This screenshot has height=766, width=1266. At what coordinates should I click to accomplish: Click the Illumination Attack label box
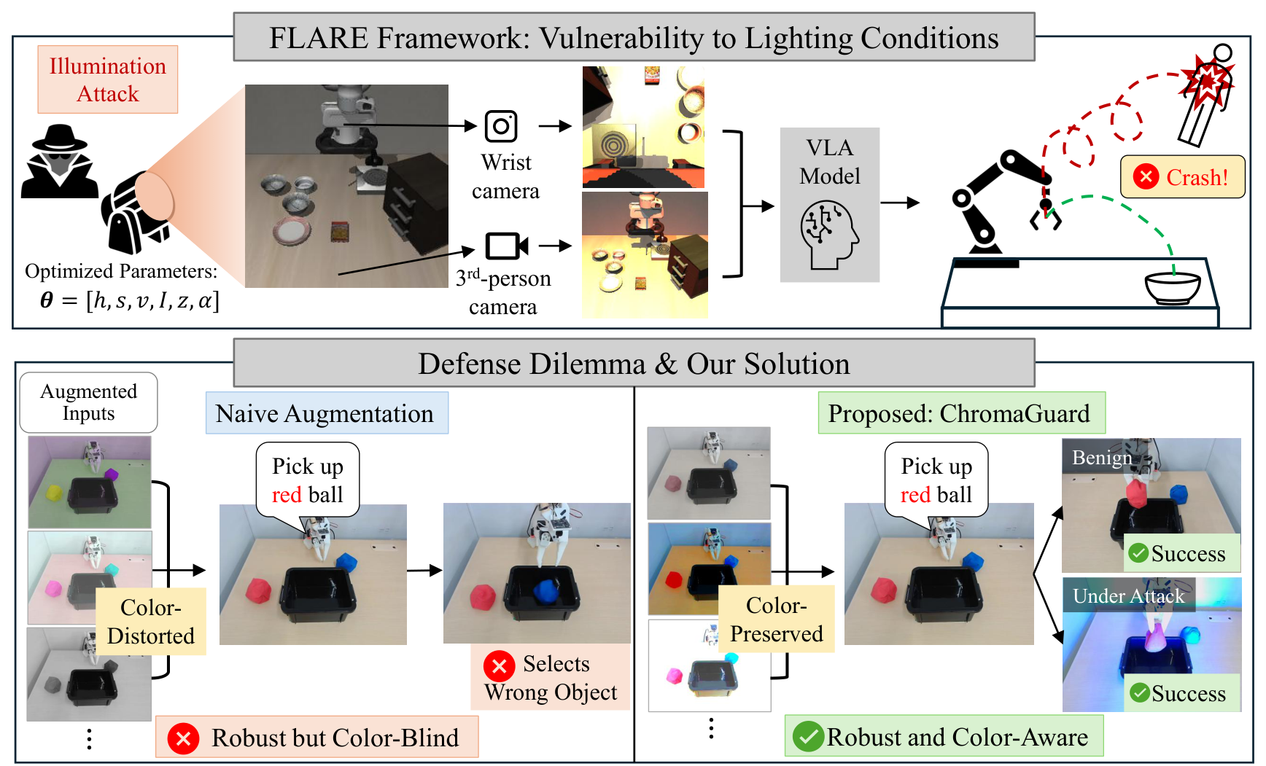(108, 79)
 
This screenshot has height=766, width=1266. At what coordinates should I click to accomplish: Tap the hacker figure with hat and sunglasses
(60, 161)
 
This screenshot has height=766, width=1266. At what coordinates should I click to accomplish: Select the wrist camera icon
(501, 126)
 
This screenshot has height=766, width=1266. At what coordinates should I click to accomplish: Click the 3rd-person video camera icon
(507, 246)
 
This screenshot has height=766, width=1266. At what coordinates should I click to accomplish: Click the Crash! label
(1182, 177)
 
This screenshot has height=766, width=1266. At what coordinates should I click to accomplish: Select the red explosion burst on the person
(1207, 78)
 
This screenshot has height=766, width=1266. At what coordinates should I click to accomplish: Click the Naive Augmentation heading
(327, 413)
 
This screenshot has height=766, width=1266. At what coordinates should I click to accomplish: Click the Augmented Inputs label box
(88, 402)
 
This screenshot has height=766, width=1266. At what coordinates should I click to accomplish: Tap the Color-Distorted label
(151, 622)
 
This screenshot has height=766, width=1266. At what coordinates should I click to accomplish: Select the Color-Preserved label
(777, 619)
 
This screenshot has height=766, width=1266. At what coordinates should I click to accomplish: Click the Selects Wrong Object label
(551, 677)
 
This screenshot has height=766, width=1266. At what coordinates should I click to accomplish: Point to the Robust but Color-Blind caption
(317, 738)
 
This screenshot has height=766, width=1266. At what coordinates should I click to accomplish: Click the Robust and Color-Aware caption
(944, 736)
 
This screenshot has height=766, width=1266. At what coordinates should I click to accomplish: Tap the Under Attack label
(1129, 595)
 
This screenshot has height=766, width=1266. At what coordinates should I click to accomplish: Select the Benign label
(1102, 457)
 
